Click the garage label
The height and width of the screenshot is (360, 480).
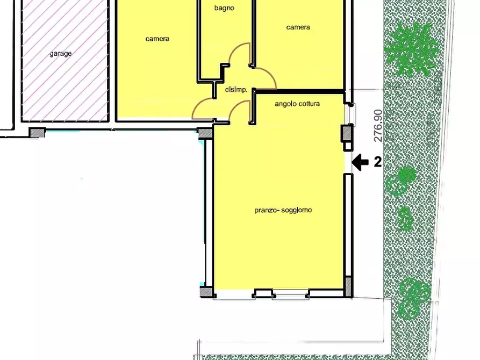(61, 54)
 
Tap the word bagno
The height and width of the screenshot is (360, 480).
(224, 8)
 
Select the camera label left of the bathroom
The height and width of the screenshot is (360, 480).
(157, 39)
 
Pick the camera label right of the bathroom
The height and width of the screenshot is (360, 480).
(298, 27)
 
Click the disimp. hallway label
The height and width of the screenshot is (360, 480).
(236, 90)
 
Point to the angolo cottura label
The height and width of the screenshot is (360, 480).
(297, 104)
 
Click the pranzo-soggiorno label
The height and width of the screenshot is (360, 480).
(283, 210)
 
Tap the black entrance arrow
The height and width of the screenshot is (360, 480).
(360, 162)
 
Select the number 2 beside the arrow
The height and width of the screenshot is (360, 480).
(378, 162)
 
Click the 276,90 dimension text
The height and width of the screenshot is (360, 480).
(378, 126)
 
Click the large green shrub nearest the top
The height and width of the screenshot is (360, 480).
(411, 49)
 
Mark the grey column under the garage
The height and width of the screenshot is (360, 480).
(37, 133)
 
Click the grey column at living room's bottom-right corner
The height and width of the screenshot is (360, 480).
(348, 286)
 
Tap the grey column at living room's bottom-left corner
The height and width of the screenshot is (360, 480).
(206, 292)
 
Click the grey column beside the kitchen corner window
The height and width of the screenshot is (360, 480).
(347, 133)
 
